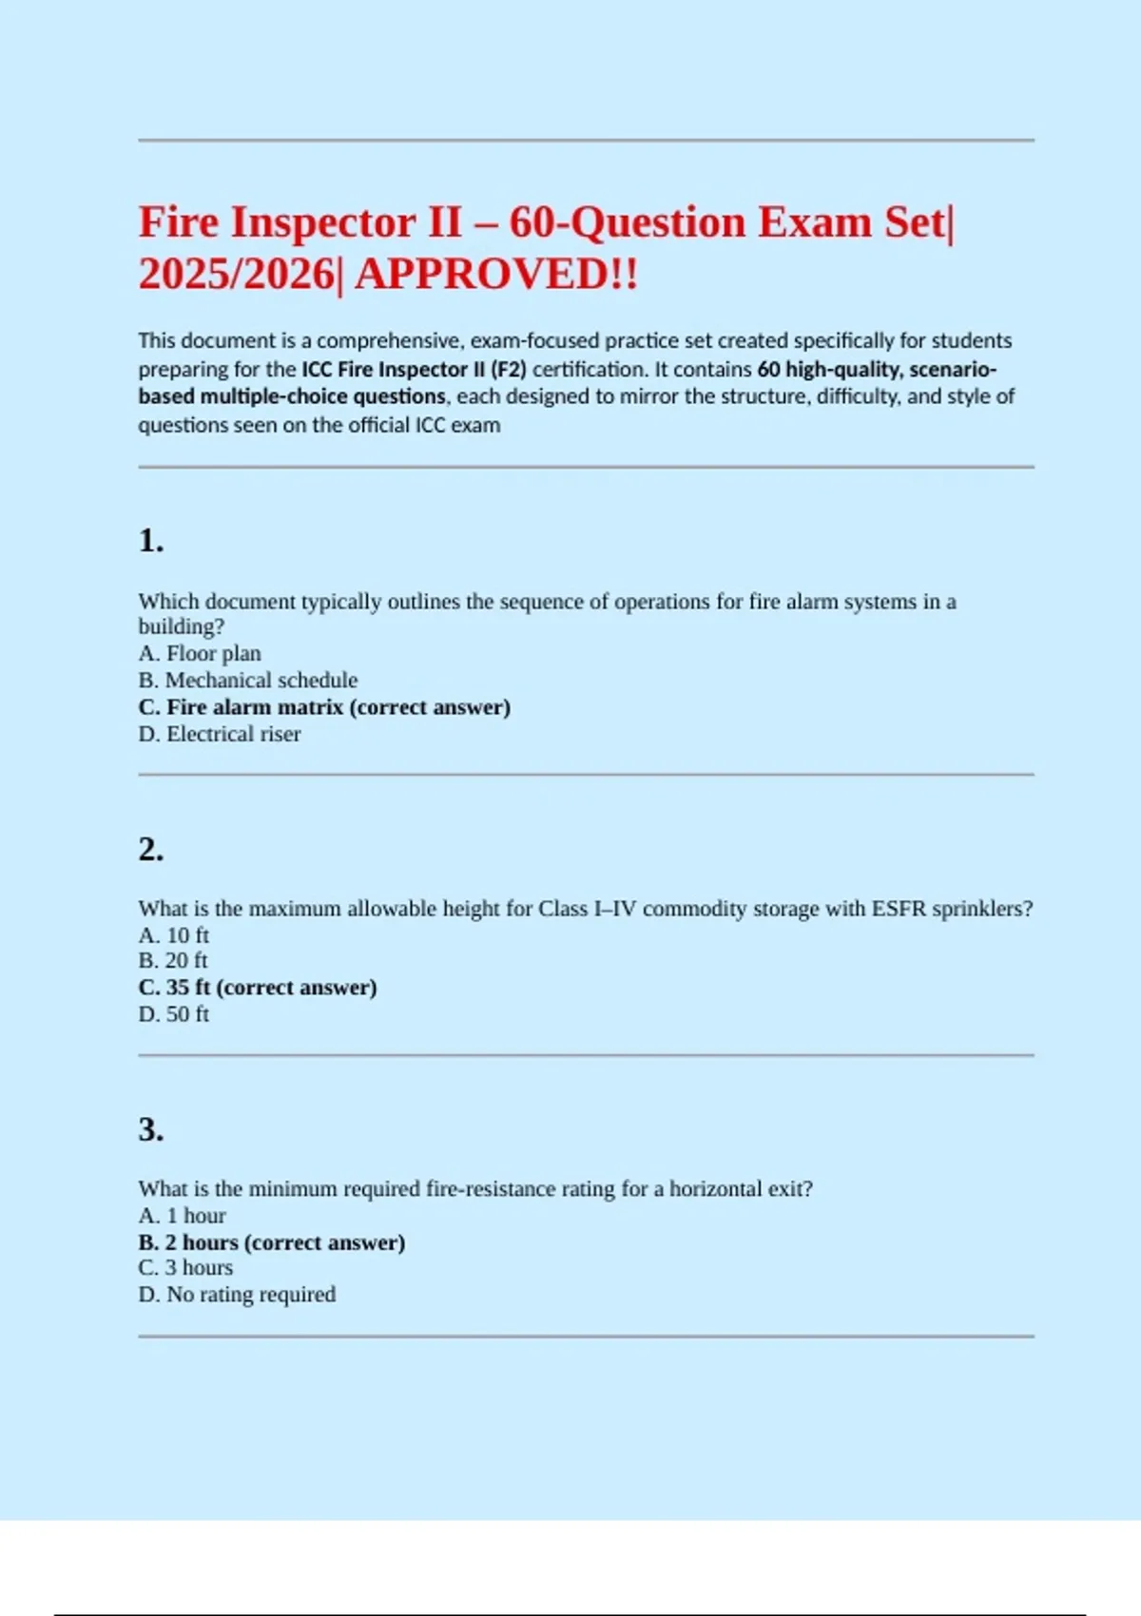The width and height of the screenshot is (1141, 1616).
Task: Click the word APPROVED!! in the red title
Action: pyautogui.click(x=495, y=275)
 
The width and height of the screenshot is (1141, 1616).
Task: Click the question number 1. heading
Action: pyautogui.click(x=151, y=541)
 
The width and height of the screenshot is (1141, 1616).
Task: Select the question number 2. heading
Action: pyautogui.click(x=151, y=849)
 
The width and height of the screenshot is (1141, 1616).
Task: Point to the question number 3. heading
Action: pyautogui.click(x=151, y=1129)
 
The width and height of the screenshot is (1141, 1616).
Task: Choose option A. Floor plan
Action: pyautogui.click(x=200, y=653)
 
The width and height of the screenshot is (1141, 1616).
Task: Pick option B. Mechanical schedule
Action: pyautogui.click(x=248, y=680)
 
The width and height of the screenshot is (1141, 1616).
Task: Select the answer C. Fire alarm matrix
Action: pyautogui.click(x=324, y=707)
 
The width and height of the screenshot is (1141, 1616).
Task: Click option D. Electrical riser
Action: pyautogui.click(x=220, y=734)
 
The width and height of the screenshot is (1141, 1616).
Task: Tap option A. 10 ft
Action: pyautogui.click(x=174, y=934)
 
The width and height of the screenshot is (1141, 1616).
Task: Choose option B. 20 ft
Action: pyautogui.click(x=173, y=960)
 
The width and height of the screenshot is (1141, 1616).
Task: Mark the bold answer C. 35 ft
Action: pyautogui.click(x=258, y=988)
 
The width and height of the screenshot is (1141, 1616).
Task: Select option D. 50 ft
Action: pyautogui.click(x=174, y=1014)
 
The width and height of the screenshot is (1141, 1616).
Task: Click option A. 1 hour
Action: pyautogui.click(x=183, y=1216)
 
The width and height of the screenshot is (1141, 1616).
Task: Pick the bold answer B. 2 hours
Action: pyautogui.click(x=272, y=1242)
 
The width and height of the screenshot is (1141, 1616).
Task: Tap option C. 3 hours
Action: pyautogui.click(x=185, y=1267)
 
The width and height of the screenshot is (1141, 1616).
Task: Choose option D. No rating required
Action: pyautogui.click(x=237, y=1294)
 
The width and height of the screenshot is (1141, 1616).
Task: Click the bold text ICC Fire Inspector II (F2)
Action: pyautogui.click(x=414, y=369)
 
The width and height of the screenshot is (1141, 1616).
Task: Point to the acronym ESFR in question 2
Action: pyautogui.click(x=899, y=909)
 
